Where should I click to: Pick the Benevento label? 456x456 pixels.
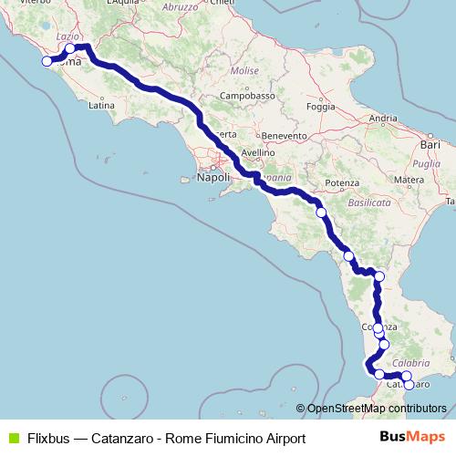(x=285, y=134)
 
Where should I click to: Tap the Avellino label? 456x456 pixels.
(x=258, y=152)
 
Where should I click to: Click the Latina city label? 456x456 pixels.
(x=99, y=106)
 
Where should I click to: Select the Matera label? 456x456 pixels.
(x=409, y=181)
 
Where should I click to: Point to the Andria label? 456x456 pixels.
(x=383, y=118)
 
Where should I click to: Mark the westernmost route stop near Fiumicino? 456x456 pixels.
(x=46, y=62)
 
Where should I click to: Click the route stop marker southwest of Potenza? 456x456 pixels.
(x=321, y=212)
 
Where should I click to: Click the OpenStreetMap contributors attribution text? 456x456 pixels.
(x=376, y=408)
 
